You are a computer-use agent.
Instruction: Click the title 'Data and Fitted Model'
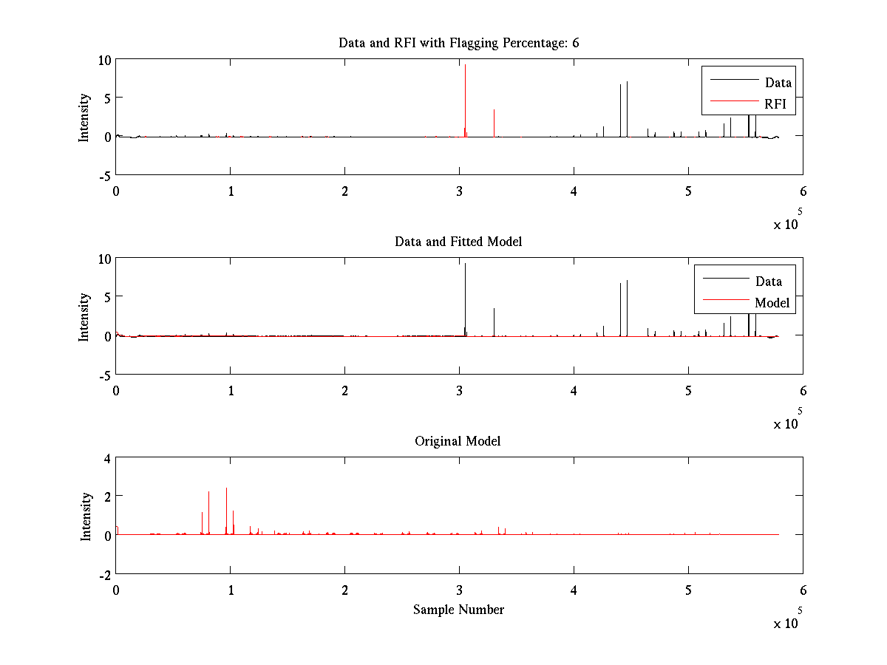(458, 242)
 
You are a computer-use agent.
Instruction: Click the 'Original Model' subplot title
(458, 441)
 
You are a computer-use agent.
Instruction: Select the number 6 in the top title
(575, 43)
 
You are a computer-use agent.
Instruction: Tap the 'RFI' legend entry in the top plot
(775, 104)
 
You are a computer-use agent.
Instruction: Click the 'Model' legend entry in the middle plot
(772, 302)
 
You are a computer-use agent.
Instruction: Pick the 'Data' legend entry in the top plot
(778, 83)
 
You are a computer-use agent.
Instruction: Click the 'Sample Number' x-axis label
(458, 610)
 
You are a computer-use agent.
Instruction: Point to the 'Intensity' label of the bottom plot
(86, 516)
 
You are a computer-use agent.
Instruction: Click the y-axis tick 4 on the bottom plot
(106, 458)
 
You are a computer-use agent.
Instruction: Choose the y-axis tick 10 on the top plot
(104, 60)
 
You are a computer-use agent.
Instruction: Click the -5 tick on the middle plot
(104, 375)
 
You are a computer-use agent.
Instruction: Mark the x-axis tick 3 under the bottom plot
(459, 590)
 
